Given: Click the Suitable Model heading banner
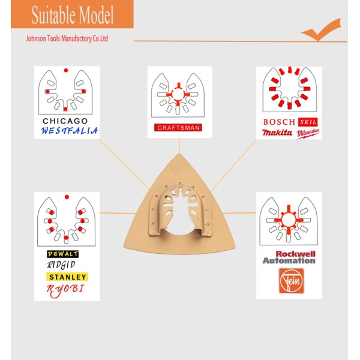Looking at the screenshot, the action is [72, 14].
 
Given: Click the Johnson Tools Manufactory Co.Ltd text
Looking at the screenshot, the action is [67, 38].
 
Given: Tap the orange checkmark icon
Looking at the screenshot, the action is [321, 29].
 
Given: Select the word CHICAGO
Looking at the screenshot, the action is [65, 121].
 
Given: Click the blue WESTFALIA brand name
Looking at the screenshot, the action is [70, 131].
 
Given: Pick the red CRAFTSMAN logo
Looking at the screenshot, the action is [178, 127].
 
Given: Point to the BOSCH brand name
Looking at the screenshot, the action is [279, 122].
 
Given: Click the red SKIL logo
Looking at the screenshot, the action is [308, 122].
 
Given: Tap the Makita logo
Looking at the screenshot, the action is [277, 133].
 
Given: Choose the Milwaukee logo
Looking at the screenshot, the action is [308, 133].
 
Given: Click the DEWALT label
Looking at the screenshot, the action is [62, 254].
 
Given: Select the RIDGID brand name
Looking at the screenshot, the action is [61, 265].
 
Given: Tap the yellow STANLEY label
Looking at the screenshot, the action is [67, 277].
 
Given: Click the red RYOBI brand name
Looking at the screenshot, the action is [65, 290].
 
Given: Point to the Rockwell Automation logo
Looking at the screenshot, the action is [289, 257].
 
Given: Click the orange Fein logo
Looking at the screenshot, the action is [291, 281].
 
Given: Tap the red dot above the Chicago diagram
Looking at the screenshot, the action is [66, 70].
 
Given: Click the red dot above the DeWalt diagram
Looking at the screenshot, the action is [67, 197].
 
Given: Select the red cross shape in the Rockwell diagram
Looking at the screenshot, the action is [289, 220].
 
